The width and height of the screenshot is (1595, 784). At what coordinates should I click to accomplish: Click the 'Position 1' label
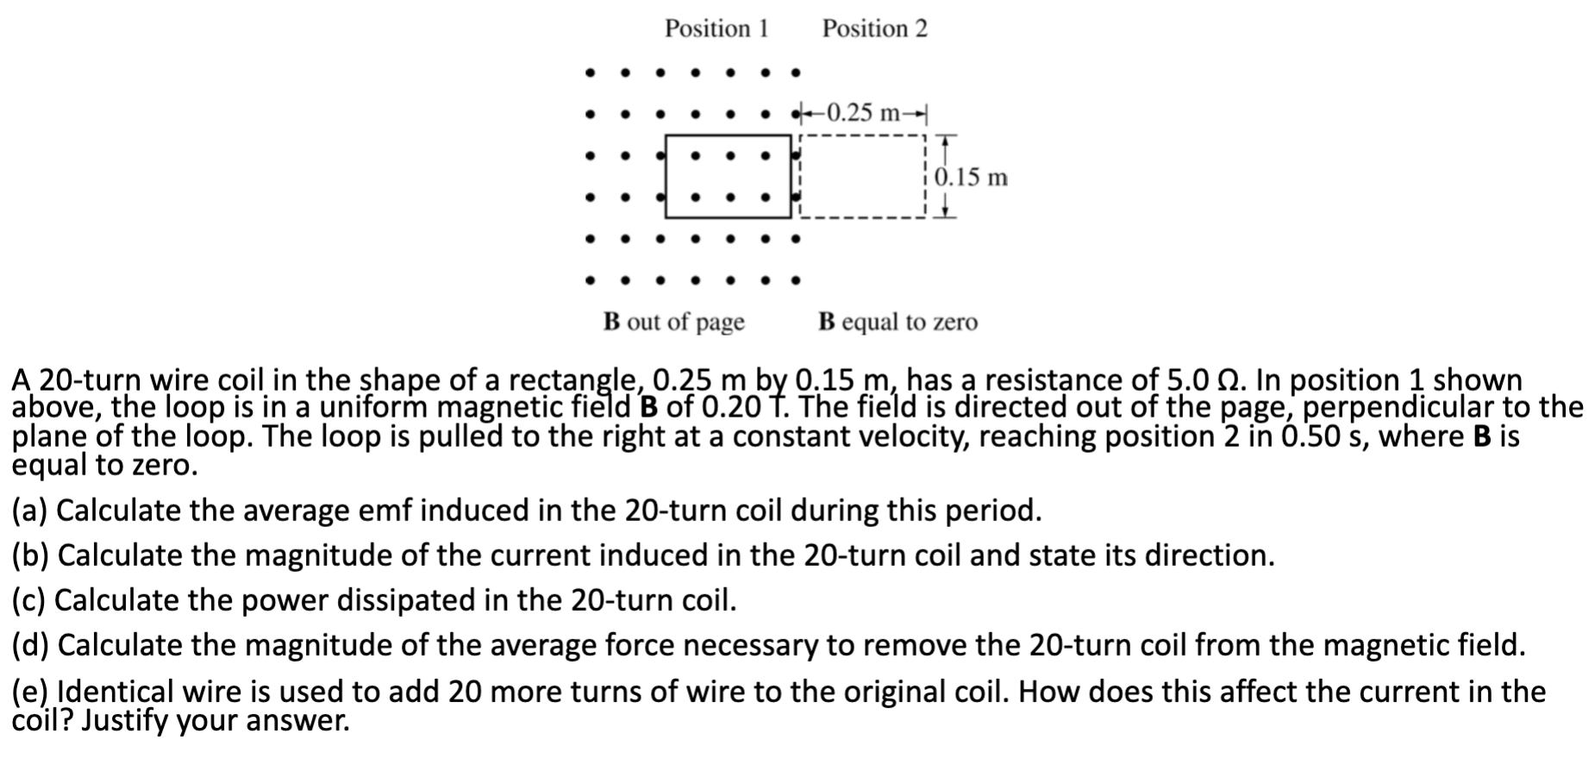click(x=716, y=28)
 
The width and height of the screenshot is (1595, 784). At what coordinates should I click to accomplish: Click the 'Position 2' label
click(x=874, y=28)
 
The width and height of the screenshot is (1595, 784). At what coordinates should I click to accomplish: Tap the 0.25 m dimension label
click(x=862, y=112)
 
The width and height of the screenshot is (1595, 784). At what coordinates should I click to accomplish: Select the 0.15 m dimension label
click(x=971, y=177)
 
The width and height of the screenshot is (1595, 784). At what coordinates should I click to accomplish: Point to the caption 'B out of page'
click(x=673, y=322)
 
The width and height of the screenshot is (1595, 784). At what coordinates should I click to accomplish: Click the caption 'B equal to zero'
click(x=898, y=322)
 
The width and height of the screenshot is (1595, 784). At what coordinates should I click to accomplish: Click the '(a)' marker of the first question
click(x=29, y=511)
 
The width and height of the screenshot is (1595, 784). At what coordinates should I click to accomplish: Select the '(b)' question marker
click(x=30, y=555)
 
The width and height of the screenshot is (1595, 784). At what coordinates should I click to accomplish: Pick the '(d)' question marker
click(x=30, y=645)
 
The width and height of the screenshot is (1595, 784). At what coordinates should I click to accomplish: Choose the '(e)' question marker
click(x=30, y=692)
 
